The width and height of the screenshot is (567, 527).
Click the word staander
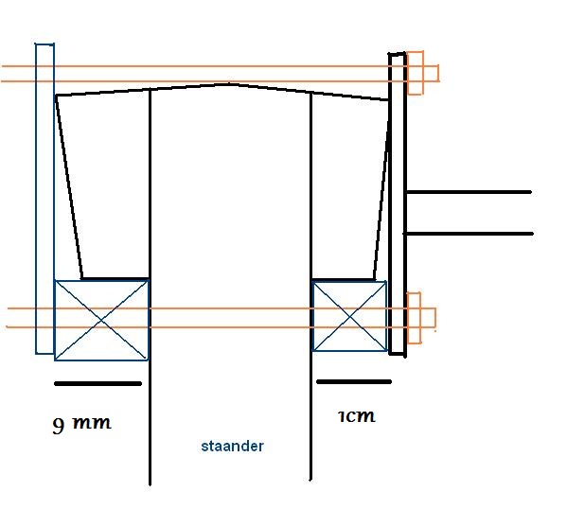pyautogui.click(x=232, y=446)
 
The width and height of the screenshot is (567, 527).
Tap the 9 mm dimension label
pyautogui.click(x=81, y=424)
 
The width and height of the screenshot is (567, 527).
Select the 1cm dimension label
pyautogui.click(x=357, y=416)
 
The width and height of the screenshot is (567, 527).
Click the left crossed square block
pyautogui.click(x=101, y=320)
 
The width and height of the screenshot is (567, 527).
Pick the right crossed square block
pyautogui.click(x=349, y=316)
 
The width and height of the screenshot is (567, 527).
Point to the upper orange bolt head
pyautogui.click(x=416, y=73)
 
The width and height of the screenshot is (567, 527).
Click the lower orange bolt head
pyautogui.click(x=414, y=318)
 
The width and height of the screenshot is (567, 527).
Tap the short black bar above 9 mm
pyautogui.click(x=97, y=383)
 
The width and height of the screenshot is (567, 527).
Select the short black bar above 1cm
pyautogui.click(x=354, y=381)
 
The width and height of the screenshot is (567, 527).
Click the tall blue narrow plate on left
pyautogui.click(x=44, y=199)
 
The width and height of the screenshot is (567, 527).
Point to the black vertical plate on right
pyautogui.click(x=397, y=203)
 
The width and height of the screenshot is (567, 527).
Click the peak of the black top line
pyautogui.click(x=228, y=84)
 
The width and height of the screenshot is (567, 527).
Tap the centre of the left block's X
pyautogui.click(x=101, y=320)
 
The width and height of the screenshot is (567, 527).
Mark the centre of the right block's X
pyautogui.click(x=349, y=316)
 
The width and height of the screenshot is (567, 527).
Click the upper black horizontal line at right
pyautogui.click(x=469, y=192)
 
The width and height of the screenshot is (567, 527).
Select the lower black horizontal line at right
pyautogui.click(x=469, y=234)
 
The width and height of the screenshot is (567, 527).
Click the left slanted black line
pyautogui.click(x=69, y=187)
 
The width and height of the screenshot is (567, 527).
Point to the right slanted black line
pyautogui.click(x=381, y=190)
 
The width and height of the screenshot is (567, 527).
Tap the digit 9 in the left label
pyautogui.click(x=59, y=426)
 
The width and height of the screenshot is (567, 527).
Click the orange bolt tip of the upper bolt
pyautogui.click(x=438, y=74)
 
